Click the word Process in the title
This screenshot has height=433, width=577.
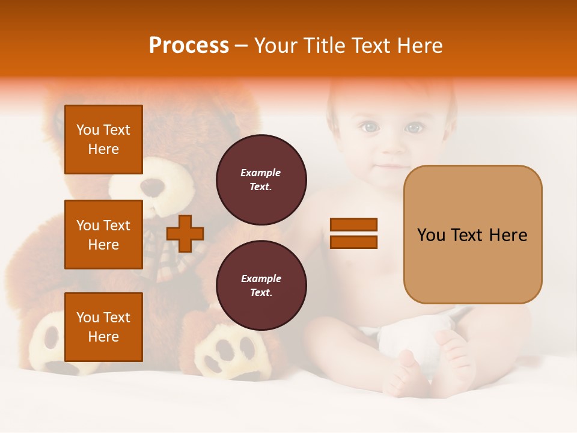[189, 46]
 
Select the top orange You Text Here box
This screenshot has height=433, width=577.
[103, 140]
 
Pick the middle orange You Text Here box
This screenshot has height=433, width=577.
[103, 235]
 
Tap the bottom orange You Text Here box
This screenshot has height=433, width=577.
[103, 327]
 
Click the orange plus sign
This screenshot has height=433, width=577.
[185, 233]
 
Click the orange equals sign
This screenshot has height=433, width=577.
[353, 233]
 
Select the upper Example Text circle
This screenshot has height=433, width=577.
[261, 180]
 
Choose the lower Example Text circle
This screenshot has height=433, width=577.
[261, 286]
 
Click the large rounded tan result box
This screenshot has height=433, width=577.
[472, 235]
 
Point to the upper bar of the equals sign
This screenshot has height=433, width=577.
[353, 224]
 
